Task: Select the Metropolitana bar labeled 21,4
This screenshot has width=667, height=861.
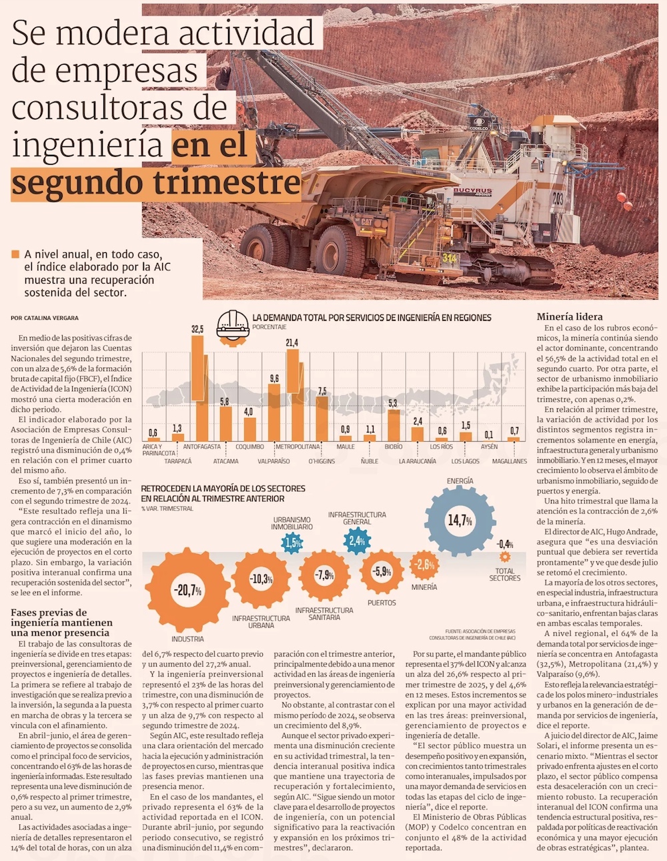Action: click(x=292, y=394)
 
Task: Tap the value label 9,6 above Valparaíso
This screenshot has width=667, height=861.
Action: click(x=274, y=378)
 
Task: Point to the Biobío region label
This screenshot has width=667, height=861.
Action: click(x=394, y=447)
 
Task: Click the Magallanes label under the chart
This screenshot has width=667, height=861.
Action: click(x=510, y=461)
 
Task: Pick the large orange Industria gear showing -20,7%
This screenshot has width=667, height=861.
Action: click(x=187, y=590)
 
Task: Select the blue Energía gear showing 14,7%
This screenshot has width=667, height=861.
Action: click(x=460, y=520)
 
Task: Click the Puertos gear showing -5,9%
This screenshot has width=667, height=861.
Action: click(x=382, y=571)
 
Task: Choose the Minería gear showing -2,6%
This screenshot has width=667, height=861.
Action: click(x=424, y=565)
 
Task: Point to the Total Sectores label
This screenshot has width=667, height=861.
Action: click(x=505, y=574)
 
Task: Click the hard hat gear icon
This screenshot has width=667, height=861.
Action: click(x=233, y=326)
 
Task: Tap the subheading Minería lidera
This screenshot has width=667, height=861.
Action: click(x=570, y=317)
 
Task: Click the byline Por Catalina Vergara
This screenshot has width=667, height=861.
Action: click(x=45, y=318)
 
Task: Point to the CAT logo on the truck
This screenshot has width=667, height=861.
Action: click(x=367, y=221)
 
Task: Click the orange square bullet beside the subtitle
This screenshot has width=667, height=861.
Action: click(x=15, y=254)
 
